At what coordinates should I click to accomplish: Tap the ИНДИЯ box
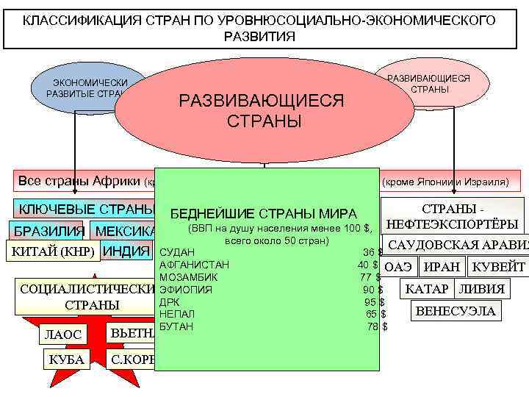point(126,252)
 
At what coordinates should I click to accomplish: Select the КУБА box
point(66,360)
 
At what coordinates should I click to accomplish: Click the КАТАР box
point(428,289)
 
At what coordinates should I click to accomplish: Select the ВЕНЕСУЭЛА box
point(456,311)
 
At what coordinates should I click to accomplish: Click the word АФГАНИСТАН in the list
point(194,265)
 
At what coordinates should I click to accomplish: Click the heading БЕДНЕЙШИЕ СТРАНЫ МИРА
point(263,214)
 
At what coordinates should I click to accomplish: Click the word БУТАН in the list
point(176,326)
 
